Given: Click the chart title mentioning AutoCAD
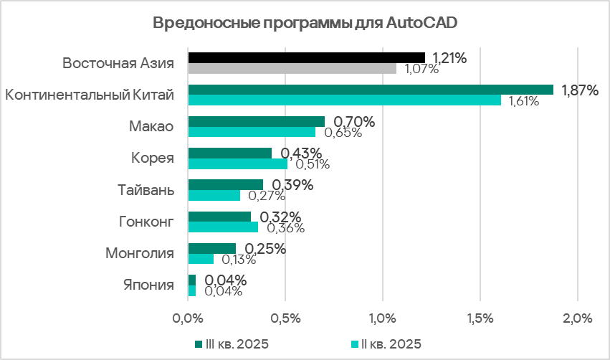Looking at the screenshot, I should tap(305, 22).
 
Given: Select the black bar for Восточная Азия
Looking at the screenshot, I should tap(306, 57).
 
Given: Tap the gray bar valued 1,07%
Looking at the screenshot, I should tap(292, 69).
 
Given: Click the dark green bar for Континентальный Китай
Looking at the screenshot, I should tap(371, 90).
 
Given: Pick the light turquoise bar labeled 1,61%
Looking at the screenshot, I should tap(344, 100).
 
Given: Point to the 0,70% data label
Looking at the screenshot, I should tap(355, 122).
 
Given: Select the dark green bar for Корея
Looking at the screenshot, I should tap(229, 153).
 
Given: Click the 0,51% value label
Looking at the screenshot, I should tap(312, 164).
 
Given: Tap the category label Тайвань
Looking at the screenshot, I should tap(146, 190).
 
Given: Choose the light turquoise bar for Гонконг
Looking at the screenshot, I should tap(223, 227).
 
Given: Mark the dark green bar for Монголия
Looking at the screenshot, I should tap(211, 248).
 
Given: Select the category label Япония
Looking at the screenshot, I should tap(148, 285).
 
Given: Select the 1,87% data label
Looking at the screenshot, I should tap(578, 90).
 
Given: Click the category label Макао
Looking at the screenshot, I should tap(151, 126).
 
